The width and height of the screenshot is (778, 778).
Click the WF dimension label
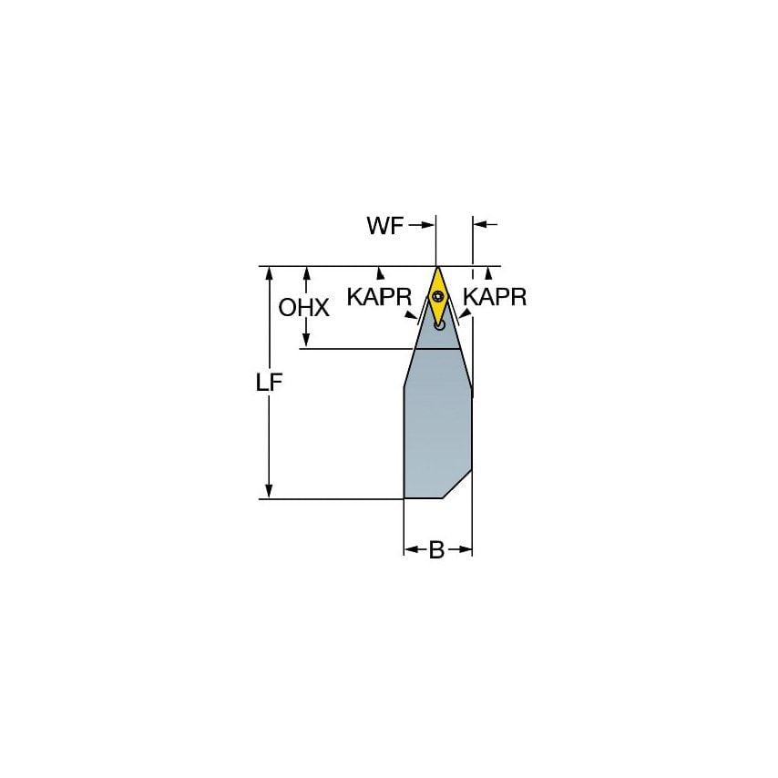pyautogui.click(x=384, y=227)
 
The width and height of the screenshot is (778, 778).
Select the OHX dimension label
pyautogui.click(x=303, y=308)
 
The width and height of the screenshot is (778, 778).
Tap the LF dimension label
pyautogui.click(x=270, y=384)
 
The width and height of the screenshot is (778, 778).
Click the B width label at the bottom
pyautogui.click(x=436, y=550)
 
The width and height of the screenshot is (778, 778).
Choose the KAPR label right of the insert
pyautogui.click(x=495, y=297)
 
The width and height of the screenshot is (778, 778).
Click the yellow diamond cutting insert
pyautogui.click(x=437, y=294)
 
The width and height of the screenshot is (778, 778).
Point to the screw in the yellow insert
pyautogui.click(x=437, y=295)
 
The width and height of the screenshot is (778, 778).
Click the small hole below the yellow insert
pyautogui.click(x=439, y=322)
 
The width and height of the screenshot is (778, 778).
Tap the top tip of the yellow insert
pyautogui.click(x=437, y=269)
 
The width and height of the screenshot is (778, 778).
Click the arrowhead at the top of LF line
pyautogui.click(x=270, y=273)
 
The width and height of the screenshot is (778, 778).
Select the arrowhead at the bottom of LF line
pyautogui.click(x=270, y=492)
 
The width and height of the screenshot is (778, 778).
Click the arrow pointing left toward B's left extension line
pyautogui.click(x=412, y=549)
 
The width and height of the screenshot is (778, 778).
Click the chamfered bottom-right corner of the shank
pyautogui.click(x=457, y=485)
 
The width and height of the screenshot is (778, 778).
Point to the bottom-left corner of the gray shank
pyautogui.click(x=404, y=497)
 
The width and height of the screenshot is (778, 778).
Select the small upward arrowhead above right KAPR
pyautogui.click(x=489, y=272)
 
